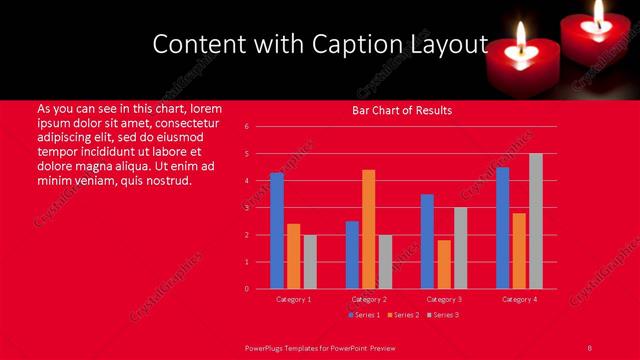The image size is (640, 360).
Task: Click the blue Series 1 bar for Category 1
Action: coord(277,231)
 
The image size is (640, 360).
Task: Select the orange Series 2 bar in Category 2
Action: coord(368,229)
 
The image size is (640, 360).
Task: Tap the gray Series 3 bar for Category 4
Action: coord(535,221)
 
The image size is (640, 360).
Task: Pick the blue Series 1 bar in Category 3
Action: coord(427,241)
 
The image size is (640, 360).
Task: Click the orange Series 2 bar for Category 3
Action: coord(443,264)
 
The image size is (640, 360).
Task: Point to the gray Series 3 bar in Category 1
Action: coord(310,262)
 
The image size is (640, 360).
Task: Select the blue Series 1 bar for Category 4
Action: coord(502,228)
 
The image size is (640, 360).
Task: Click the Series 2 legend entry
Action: coord(404,315)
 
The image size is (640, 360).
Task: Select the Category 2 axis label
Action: coord(368,299)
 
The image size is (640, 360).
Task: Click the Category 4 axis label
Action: coord(518,299)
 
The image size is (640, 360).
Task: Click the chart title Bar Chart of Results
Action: coord(402,110)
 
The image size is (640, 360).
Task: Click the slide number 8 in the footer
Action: coord(589,347)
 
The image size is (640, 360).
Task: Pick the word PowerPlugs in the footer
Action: coord(266,347)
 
